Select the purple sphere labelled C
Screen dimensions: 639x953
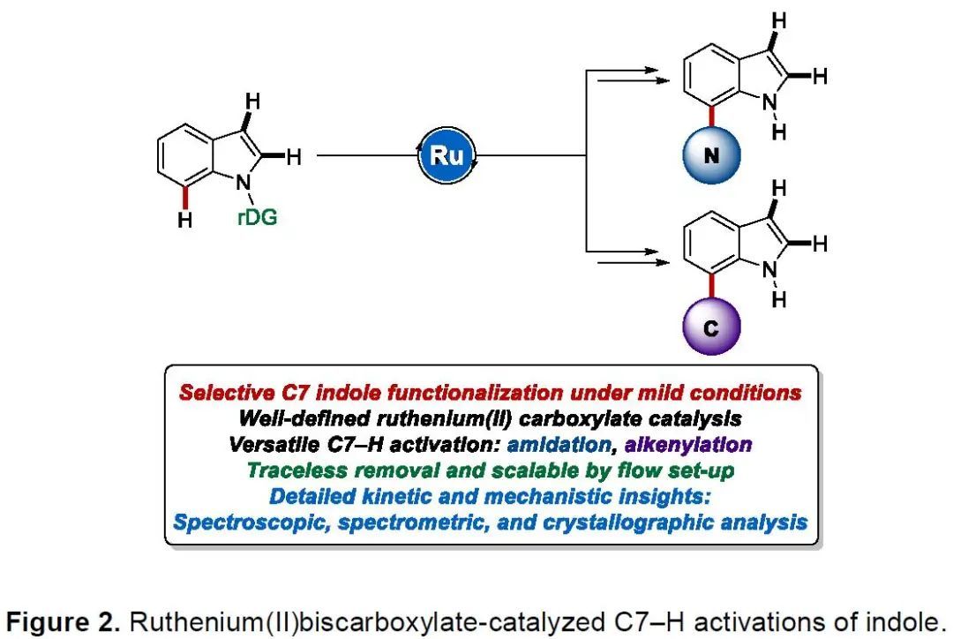711,328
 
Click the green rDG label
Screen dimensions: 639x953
258,215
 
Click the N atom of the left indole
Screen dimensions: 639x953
241,180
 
